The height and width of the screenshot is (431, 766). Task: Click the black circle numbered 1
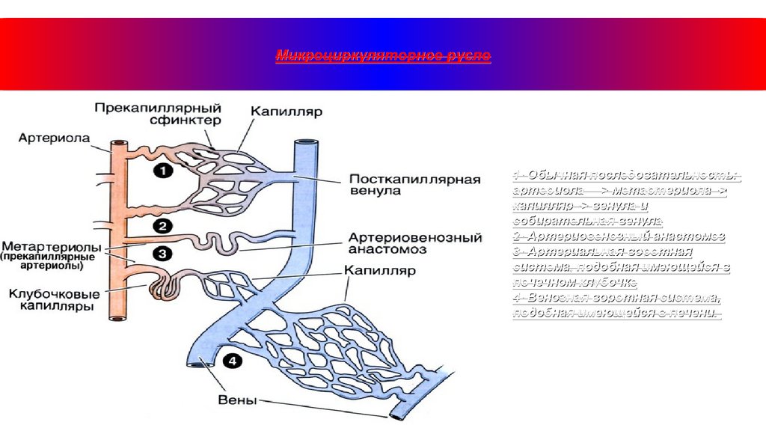(163, 171)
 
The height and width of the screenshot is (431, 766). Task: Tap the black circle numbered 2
(162, 225)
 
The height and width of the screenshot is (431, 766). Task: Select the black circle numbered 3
(163, 254)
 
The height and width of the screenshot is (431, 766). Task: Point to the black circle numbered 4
(233, 361)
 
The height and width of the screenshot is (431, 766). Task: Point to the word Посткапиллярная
(414, 179)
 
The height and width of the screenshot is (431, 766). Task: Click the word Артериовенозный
(414, 237)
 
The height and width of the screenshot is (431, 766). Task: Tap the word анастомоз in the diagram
(387, 249)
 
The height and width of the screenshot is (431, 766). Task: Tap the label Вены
(237, 400)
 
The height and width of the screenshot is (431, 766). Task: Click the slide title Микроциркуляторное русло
(383, 56)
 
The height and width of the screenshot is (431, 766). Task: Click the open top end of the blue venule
(306, 141)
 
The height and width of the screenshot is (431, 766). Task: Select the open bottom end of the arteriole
(117, 317)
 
